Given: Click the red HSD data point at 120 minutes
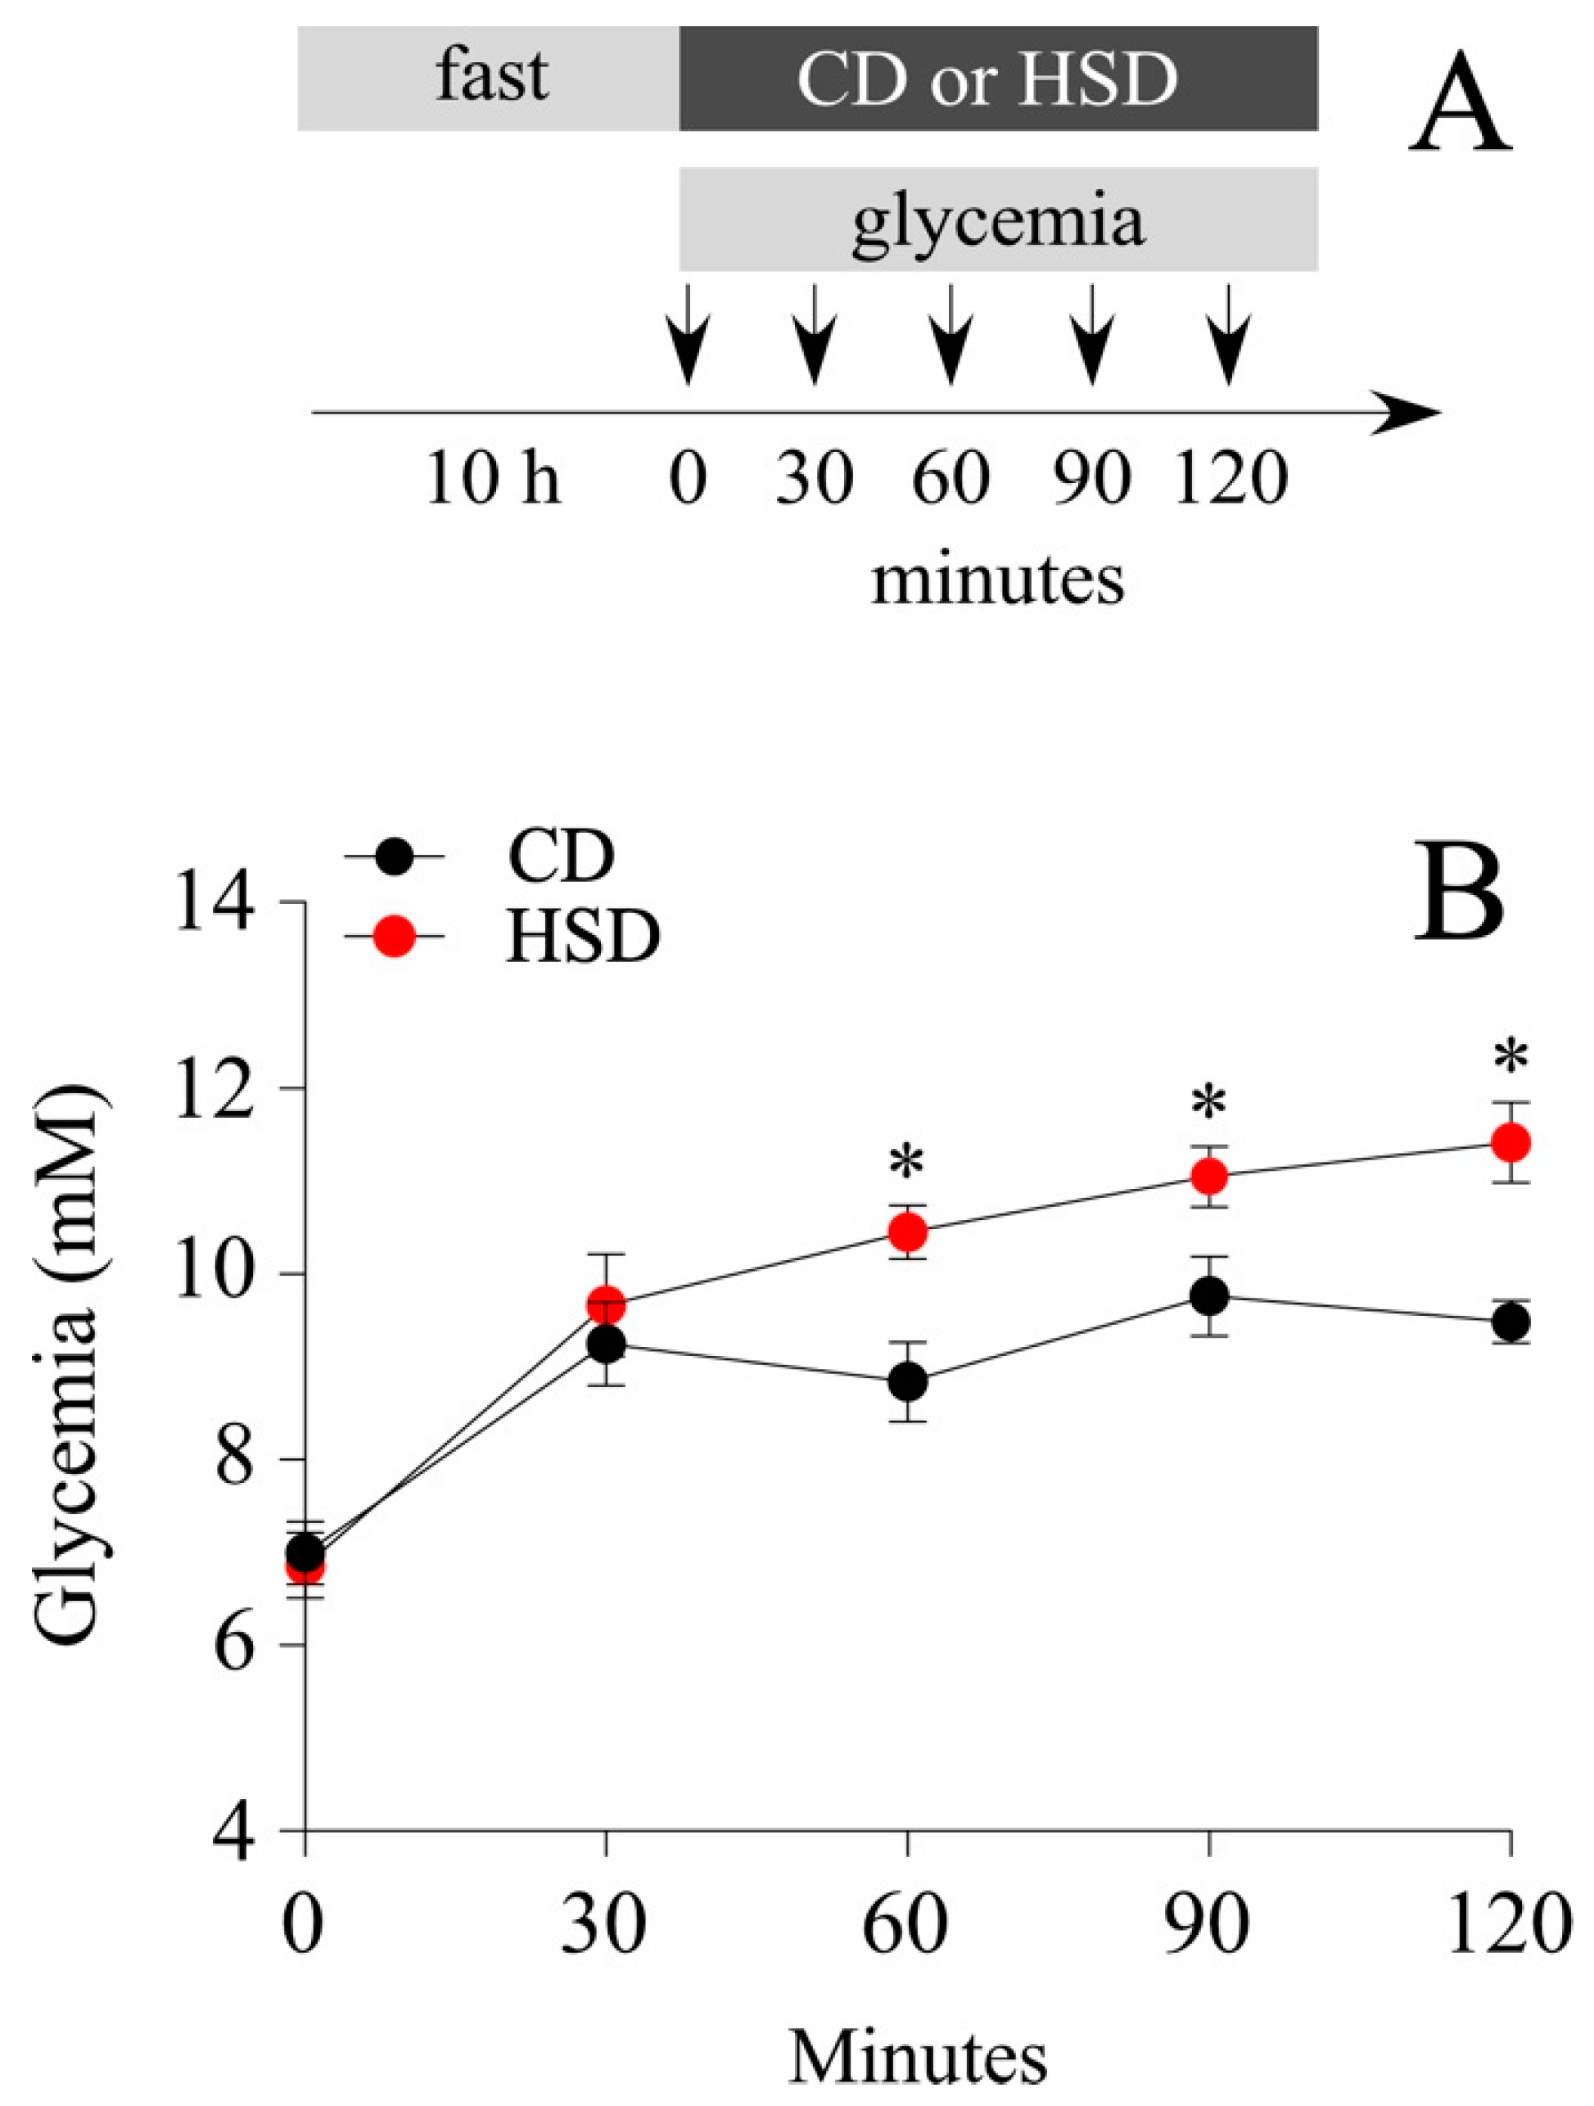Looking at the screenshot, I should tap(1509, 1141).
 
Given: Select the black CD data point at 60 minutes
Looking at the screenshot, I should tap(907, 1381).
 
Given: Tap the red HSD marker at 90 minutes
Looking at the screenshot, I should tap(1209, 1177).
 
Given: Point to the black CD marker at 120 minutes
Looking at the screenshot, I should tap(1509, 1322).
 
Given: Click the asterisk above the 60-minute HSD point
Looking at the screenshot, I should tap(907, 1164).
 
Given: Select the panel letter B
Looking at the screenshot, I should tap(1458, 892).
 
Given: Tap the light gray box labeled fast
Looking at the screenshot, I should tap(489, 78).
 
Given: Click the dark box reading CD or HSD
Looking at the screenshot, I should tap(997, 78).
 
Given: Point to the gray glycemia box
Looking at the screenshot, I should tap(997, 220).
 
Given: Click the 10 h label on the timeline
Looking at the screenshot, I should tap(492, 479).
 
